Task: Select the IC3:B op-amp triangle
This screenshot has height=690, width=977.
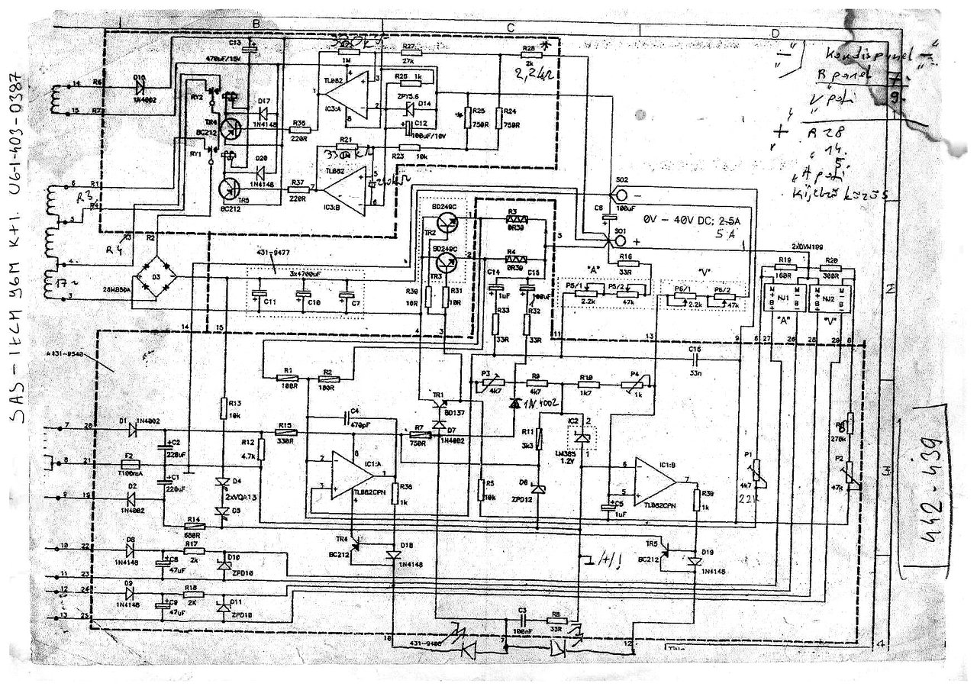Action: point(343,189)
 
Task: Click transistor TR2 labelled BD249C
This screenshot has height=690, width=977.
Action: point(450,224)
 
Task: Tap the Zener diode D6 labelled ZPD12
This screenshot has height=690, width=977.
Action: point(539,489)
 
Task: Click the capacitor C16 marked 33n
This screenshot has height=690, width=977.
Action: point(695,359)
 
